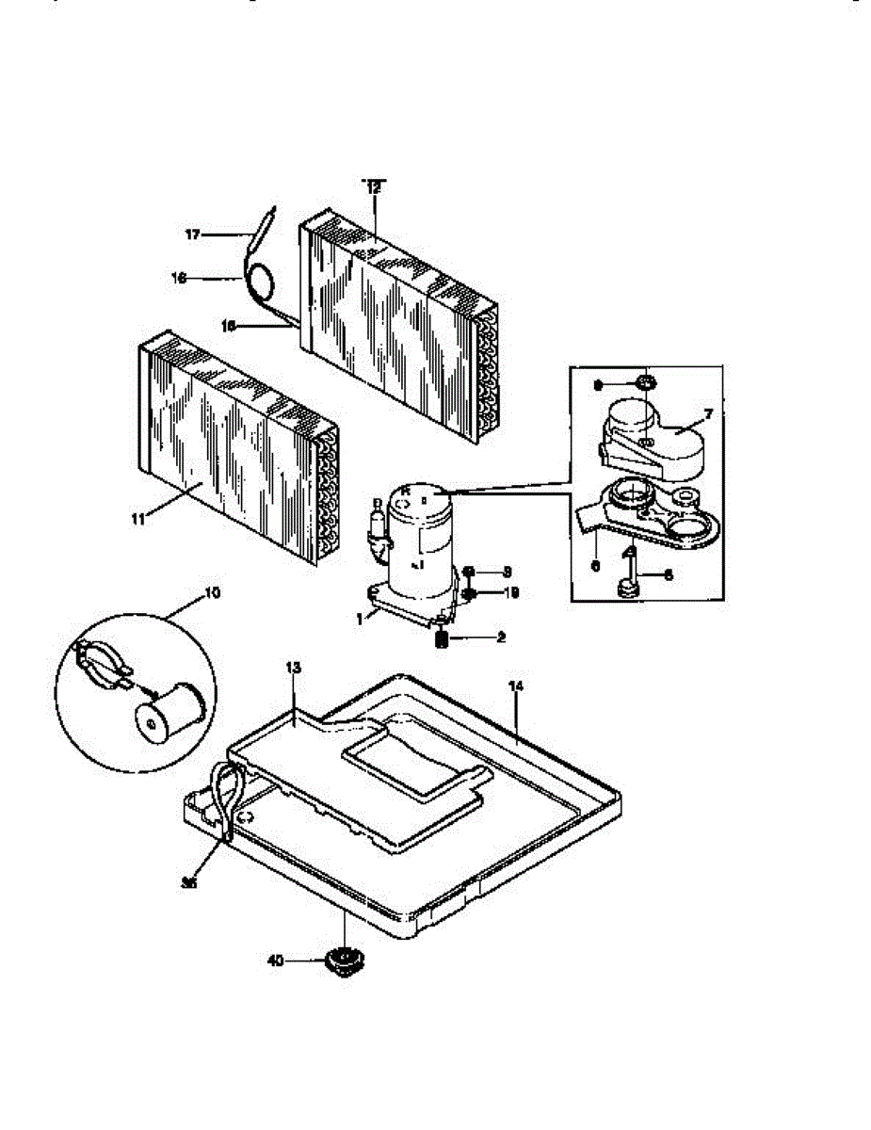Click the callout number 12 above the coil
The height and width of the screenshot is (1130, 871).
(x=374, y=188)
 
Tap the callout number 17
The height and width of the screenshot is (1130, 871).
(x=192, y=234)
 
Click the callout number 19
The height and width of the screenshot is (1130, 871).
(x=511, y=593)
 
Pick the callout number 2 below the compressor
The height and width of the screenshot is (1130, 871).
(x=502, y=638)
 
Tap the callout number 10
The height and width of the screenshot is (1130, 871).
(x=211, y=593)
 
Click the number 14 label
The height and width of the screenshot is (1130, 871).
(x=514, y=688)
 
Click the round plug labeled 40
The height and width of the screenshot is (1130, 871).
(x=344, y=960)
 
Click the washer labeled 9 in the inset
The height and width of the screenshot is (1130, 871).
(x=646, y=382)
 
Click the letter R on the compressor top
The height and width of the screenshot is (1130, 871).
(x=406, y=492)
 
